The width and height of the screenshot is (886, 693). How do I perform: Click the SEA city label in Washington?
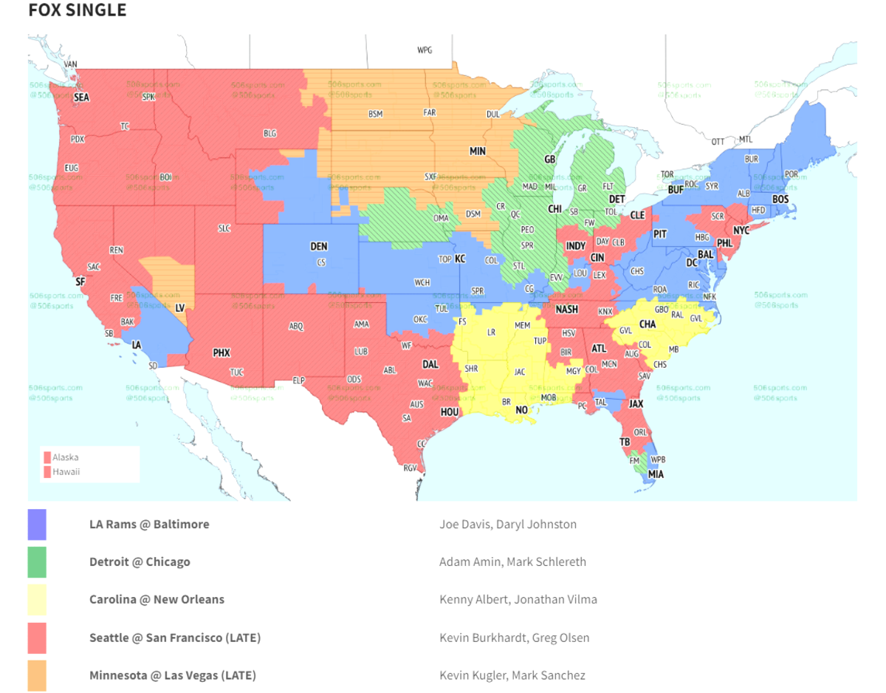pyautogui.click(x=81, y=97)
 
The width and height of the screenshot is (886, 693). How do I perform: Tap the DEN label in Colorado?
pyautogui.click(x=319, y=246)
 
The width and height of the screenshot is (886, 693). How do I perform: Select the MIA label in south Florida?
pyautogui.click(x=656, y=474)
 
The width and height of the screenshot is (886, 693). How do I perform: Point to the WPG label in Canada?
pyautogui.click(x=425, y=50)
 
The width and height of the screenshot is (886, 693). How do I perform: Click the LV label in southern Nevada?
pyautogui.click(x=179, y=307)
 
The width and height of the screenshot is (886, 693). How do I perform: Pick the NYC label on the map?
pyautogui.click(x=741, y=231)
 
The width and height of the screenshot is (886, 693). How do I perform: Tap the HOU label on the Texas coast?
pyautogui.click(x=450, y=412)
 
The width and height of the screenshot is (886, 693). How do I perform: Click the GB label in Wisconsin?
pyautogui.click(x=549, y=160)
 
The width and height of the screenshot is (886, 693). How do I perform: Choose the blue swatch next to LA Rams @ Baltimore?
pyautogui.click(x=37, y=525)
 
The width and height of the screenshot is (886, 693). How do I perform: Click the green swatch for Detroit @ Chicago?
pyautogui.click(x=37, y=562)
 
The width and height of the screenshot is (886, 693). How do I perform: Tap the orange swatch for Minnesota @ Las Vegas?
pyautogui.click(x=37, y=675)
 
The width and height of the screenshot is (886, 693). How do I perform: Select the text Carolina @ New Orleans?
pyautogui.click(x=157, y=599)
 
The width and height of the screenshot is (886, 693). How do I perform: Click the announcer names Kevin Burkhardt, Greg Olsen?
pyautogui.click(x=514, y=638)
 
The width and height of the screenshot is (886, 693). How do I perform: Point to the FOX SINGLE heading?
pyautogui.click(x=77, y=10)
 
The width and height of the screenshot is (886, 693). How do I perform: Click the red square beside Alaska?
pyautogui.click(x=47, y=457)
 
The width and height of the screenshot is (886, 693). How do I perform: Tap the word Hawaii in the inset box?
pyautogui.click(x=66, y=471)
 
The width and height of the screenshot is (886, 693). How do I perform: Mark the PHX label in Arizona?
pyautogui.click(x=221, y=353)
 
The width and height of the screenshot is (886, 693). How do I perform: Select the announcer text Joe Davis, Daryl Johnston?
pyautogui.click(x=507, y=524)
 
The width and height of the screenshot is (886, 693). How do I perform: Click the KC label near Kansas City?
pyautogui.click(x=460, y=259)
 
